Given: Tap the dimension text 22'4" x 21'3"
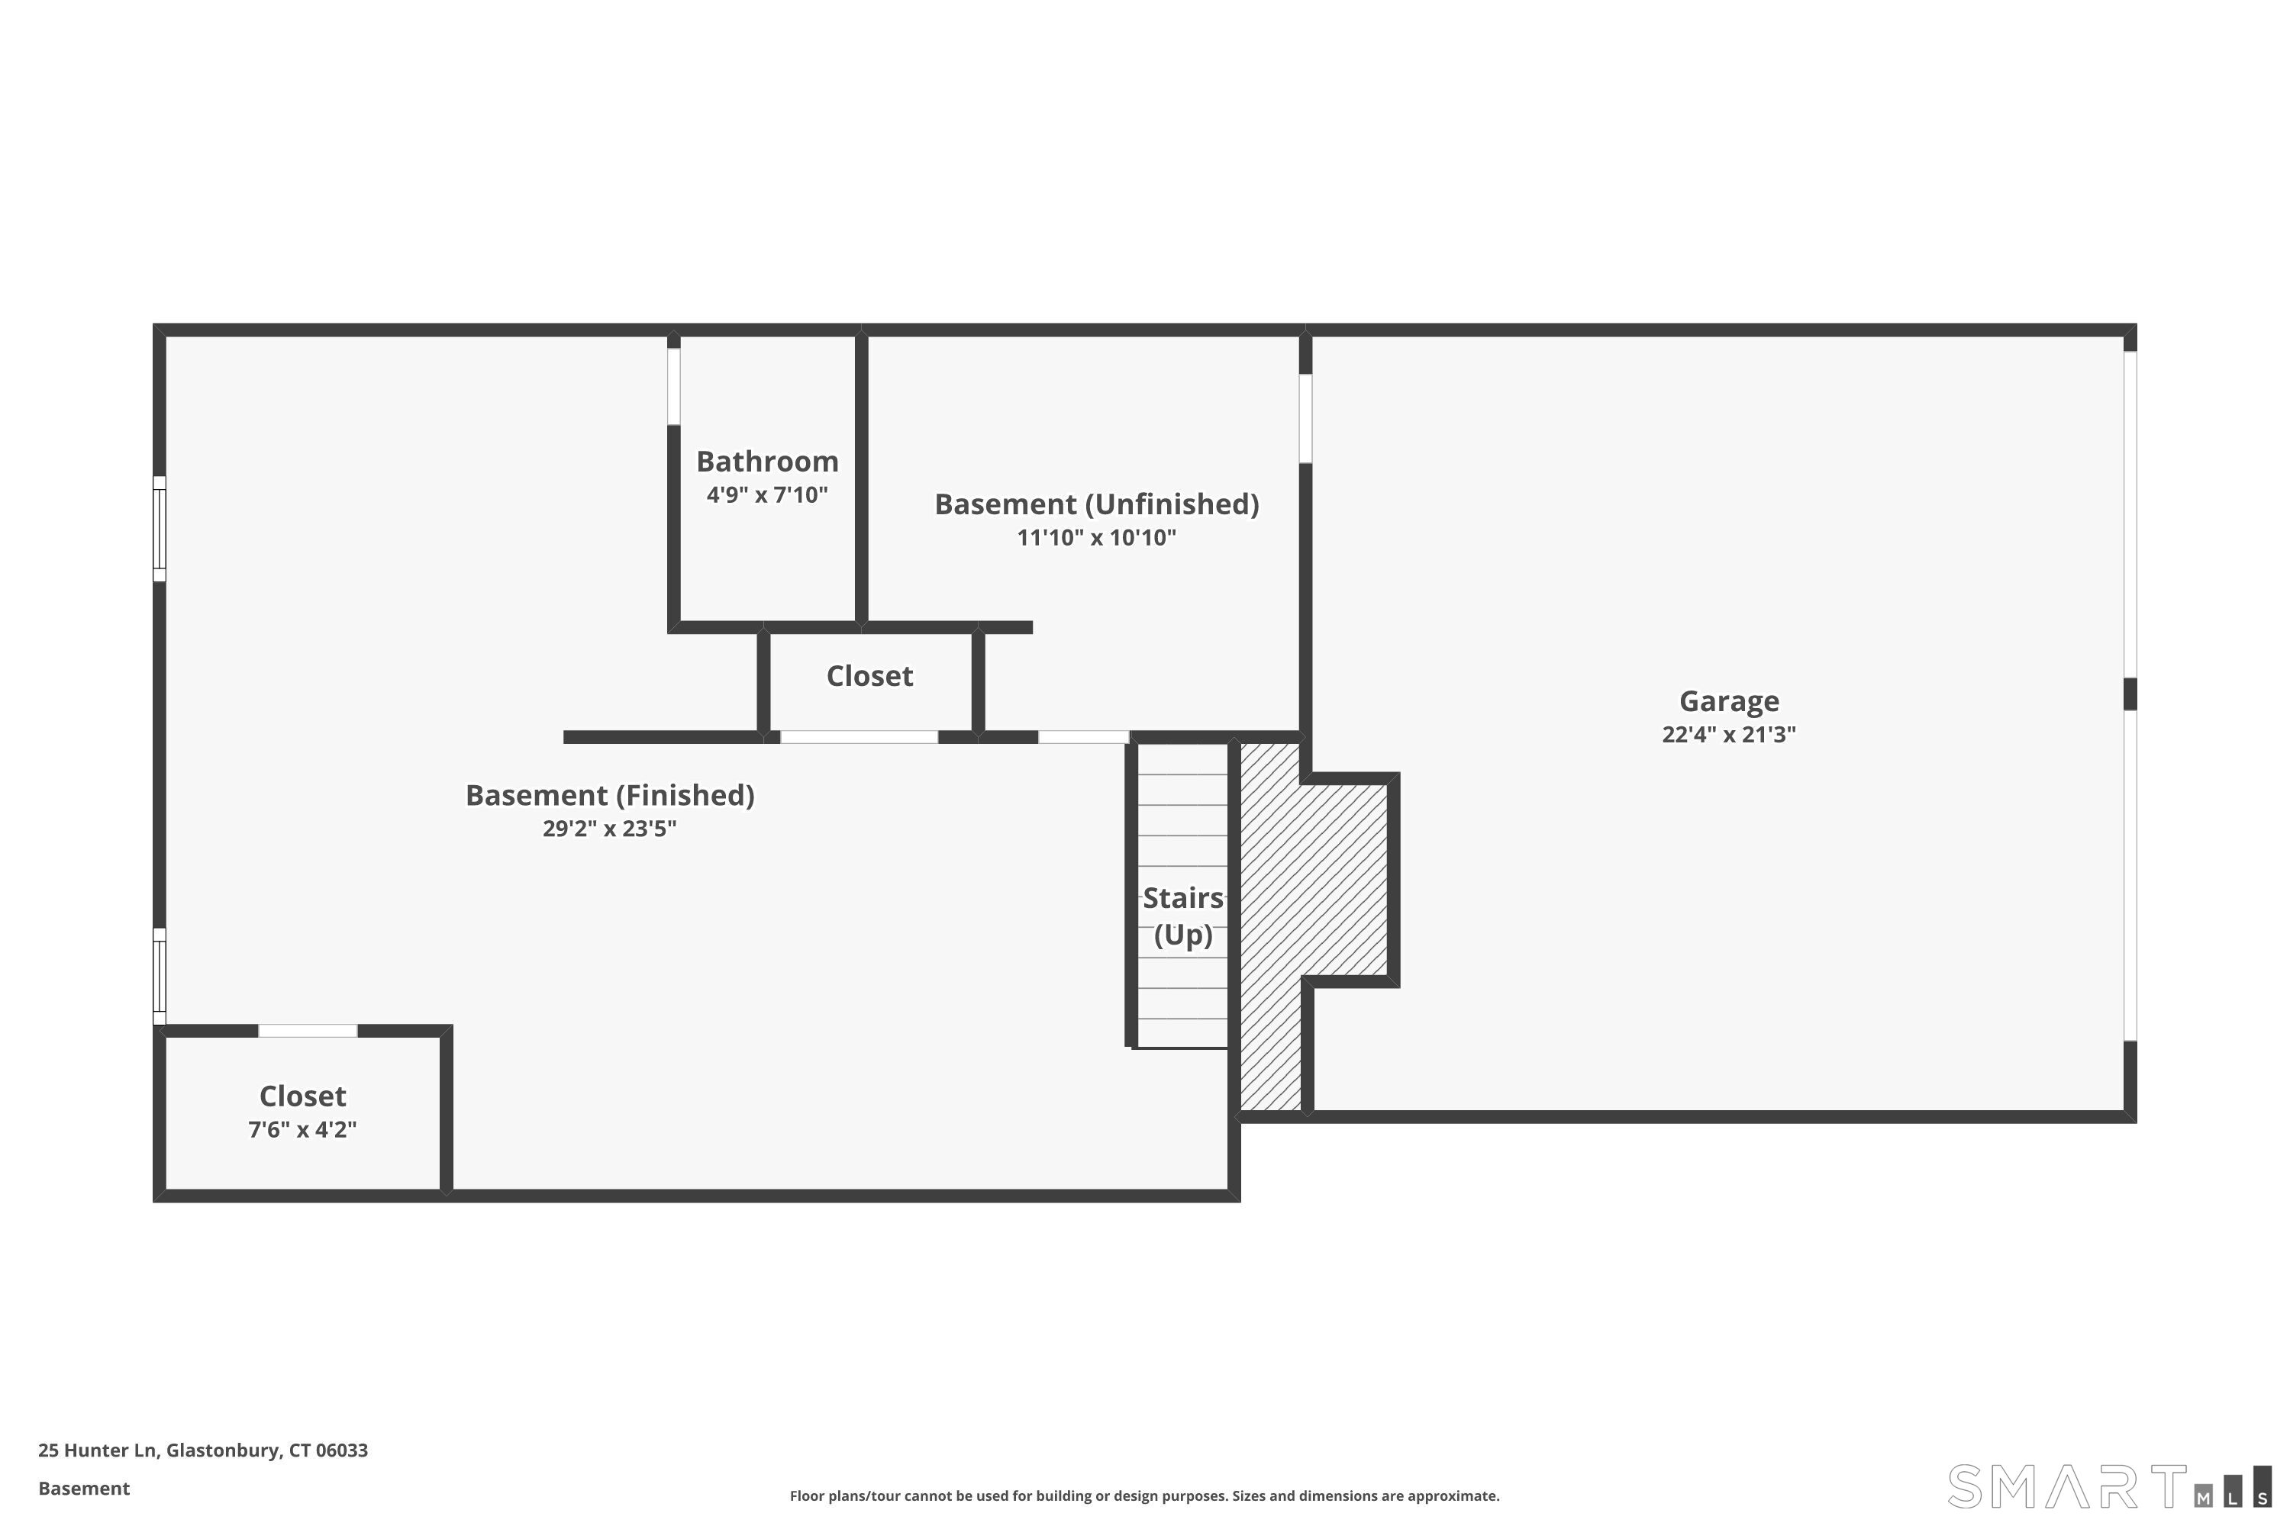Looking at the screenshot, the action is (x=1728, y=735).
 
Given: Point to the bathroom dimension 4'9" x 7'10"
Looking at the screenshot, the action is (x=767, y=494).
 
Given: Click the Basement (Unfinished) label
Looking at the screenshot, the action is (x=1096, y=504).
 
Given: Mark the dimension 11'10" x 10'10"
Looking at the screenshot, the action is (x=1096, y=537).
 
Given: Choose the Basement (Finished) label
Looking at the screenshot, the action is (x=609, y=795).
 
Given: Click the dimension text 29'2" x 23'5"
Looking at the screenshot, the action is (x=609, y=828).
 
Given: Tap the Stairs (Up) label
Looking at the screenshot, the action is (x=1183, y=916).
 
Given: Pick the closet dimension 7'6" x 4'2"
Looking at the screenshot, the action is (x=303, y=1129).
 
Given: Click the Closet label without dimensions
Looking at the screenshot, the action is (x=869, y=675).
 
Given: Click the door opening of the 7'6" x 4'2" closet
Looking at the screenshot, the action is (x=308, y=1031).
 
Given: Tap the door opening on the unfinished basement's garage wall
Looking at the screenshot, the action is (x=1305, y=418).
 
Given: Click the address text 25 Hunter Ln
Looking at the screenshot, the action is (x=98, y=1450).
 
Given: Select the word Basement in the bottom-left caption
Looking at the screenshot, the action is (x=84, y=1488).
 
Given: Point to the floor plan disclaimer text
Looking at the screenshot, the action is (x=1144, y=1495).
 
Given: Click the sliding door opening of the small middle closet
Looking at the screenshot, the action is (x=859, y=737).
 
